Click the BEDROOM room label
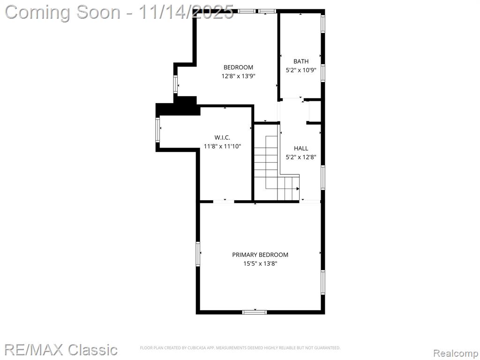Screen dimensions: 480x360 click(x=238, y=67)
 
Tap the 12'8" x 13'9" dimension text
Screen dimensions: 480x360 click(x=238, y=76)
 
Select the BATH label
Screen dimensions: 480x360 click(x=301, y=61)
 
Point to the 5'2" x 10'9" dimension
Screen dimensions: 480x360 click(x=301, y=70)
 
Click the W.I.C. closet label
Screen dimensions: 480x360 click(x=222, y=138)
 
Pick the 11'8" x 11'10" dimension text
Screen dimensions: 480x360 click(x=222, y=146)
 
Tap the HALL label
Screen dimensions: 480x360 click(x=301, y=149)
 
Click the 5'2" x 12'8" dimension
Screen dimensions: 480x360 click(x=301, y=157)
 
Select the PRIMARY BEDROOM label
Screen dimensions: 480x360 click(x=260, y=255)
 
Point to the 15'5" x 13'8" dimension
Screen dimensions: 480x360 click(x=260, y=263)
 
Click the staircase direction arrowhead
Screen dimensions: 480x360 click(x=298, y=189)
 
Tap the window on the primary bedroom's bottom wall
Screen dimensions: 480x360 click(x=255, y=312)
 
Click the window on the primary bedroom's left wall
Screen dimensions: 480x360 click(x=198, y=254)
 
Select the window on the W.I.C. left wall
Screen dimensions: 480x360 click(x=157, y=130)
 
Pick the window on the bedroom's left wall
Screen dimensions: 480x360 click(x=175, y=84)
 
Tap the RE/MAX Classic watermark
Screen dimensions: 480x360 click(x=61, y=350)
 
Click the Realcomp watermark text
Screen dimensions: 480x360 click(x=456, y=353)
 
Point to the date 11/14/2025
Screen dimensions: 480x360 click(x=187, y=12)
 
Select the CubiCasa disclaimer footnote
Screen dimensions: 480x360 click(x=240, y=348)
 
